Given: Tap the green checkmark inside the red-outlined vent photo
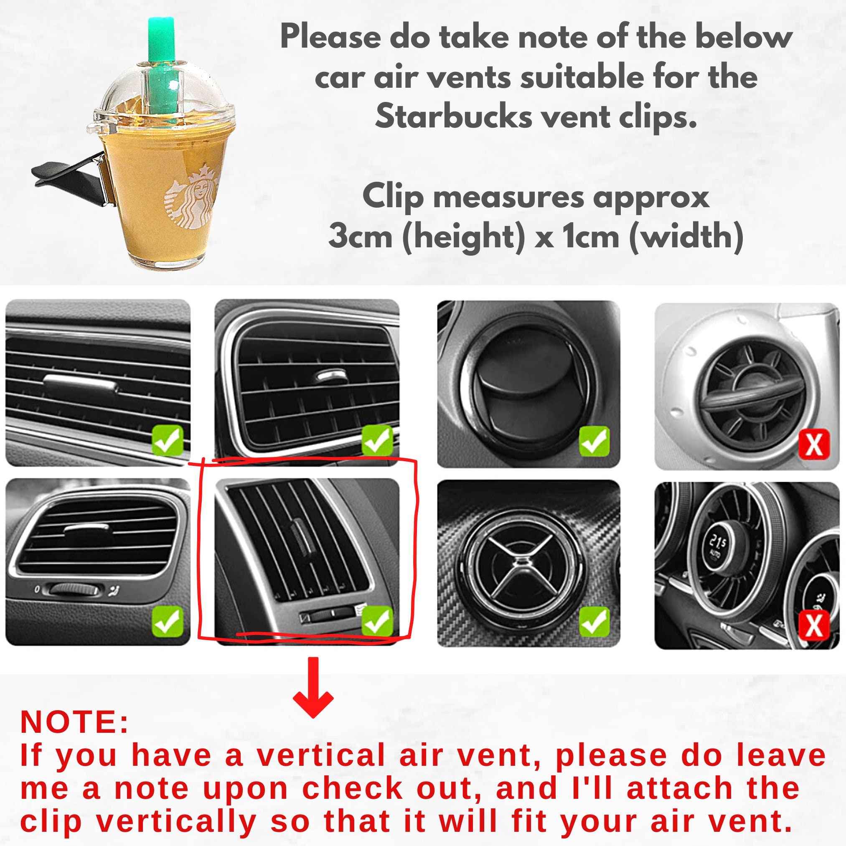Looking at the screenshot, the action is [x=377, y=620].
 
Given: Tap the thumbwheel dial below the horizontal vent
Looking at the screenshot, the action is [x=73, y=590].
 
